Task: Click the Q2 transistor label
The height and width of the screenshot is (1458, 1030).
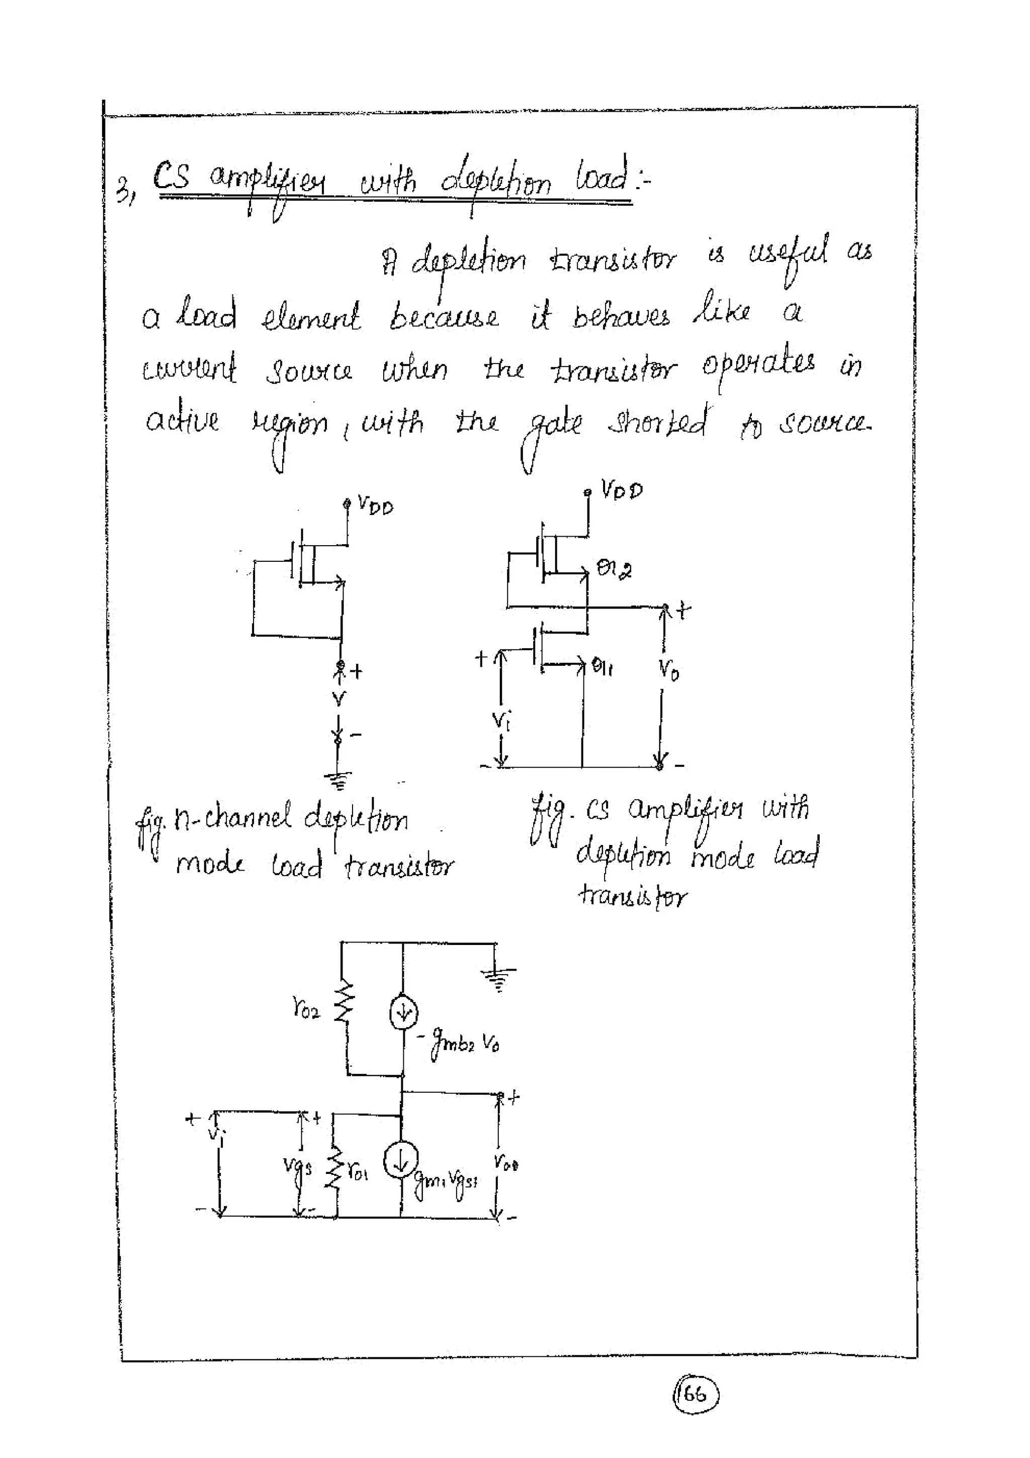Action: point(614,568)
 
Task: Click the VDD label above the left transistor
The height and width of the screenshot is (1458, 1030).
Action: point(375,505)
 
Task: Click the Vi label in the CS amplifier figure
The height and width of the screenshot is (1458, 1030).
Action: point(501,720)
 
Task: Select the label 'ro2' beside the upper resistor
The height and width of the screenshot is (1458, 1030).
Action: point(306,1008)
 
